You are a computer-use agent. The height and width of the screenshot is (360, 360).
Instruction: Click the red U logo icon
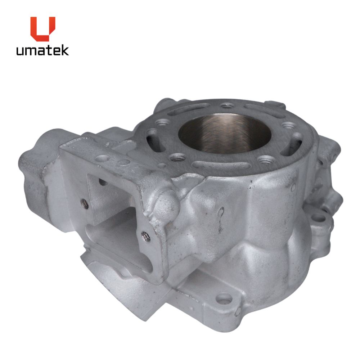(x=43, y=28)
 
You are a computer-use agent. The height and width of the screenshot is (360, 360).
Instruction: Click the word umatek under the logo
(x=42, y=50)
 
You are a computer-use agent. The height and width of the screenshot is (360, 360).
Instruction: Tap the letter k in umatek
(x=65, y=50)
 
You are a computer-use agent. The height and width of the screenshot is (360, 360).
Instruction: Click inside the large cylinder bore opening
(x=225, y=133)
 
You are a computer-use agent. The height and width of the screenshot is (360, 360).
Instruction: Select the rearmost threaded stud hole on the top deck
(x=227, y=106)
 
